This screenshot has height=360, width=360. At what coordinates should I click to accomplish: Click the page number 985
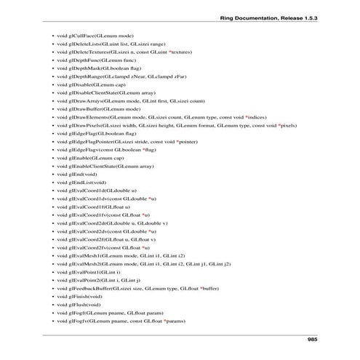pyautogui.click(x=313, y=340)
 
